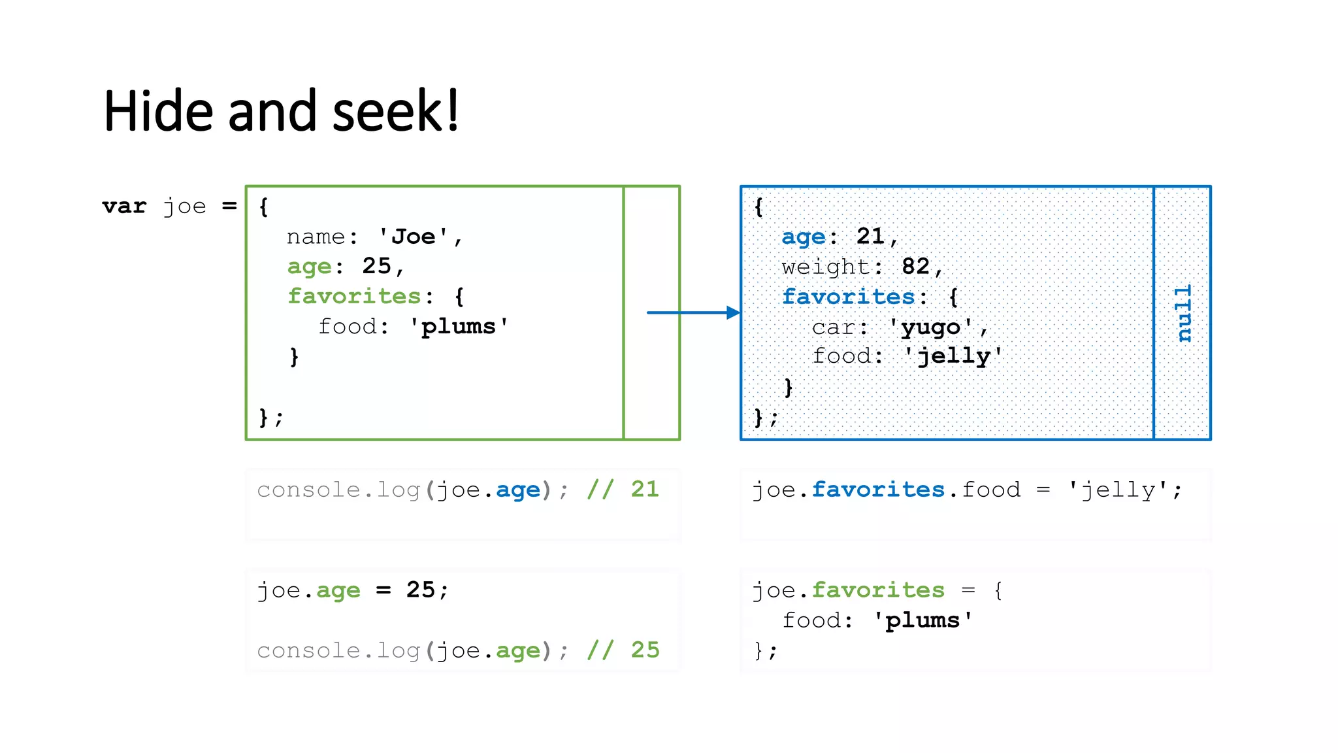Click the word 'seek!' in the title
point(396,111)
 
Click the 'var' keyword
point(124,207)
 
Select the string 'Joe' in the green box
point(413,237)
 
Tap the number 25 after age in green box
point(376,266)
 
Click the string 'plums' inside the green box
point(458,326)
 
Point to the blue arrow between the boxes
point(693,312)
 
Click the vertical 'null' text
point(1183,313)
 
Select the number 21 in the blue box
point(870,237)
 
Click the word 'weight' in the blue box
point(826,267)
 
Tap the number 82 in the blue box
point(915,267)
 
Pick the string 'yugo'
point(931,327)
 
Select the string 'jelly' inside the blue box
point(954,356)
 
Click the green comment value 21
point(645,489)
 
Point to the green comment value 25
point(645,650)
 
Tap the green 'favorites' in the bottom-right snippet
point(878,590)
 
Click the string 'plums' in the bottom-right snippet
point(922,620)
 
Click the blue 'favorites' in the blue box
point(848,297)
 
